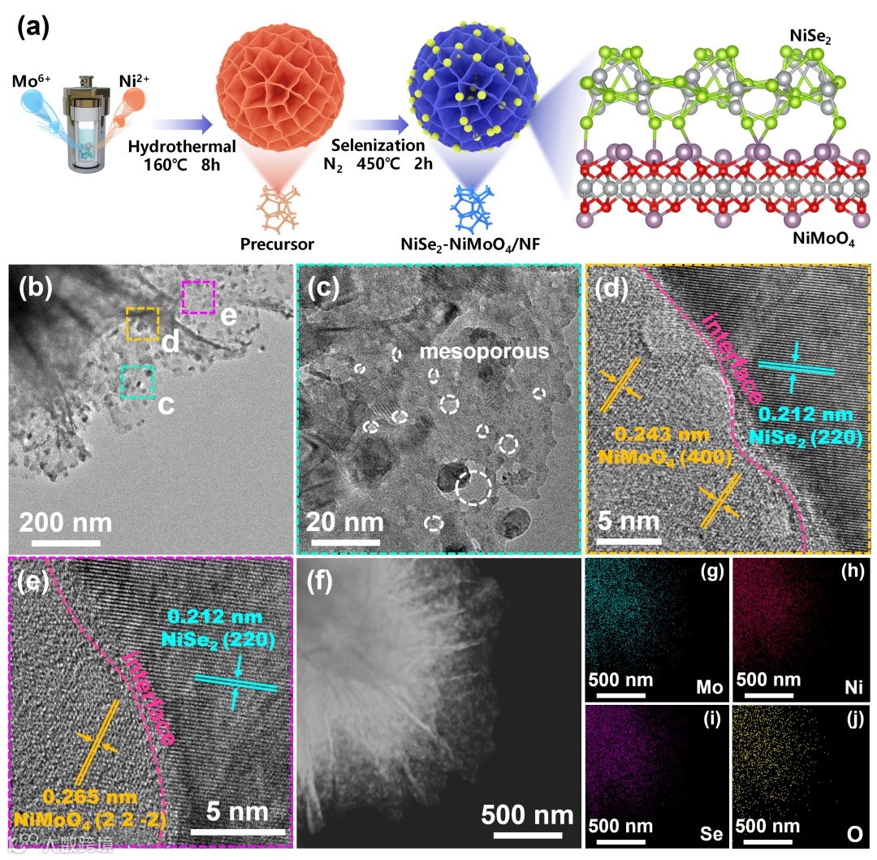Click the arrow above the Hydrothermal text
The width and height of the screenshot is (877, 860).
coord(181,124)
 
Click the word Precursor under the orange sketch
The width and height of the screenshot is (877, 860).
coord(278,243)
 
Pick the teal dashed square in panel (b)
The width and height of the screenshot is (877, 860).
coord(136,382)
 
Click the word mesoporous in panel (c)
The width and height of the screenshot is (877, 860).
coord(483,352)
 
